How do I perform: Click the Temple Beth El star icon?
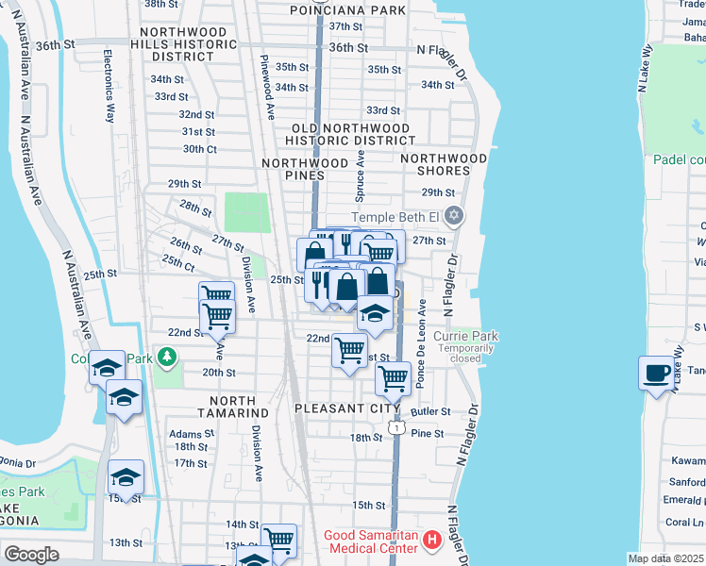click(454, 216)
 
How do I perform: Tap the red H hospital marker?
click(432, 541)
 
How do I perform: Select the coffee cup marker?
click(656, 373)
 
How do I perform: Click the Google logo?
click(31, 555)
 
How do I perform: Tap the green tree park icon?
click(167, 358)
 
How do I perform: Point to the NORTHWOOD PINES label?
click(305, 169)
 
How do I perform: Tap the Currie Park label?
click(465, 336)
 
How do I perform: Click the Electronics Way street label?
click(109, 86)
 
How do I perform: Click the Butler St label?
click(431, 412)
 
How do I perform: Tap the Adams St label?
click(186, 434)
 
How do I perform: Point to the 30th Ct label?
click(199, 149)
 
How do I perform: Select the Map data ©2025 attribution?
click(665, 558)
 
